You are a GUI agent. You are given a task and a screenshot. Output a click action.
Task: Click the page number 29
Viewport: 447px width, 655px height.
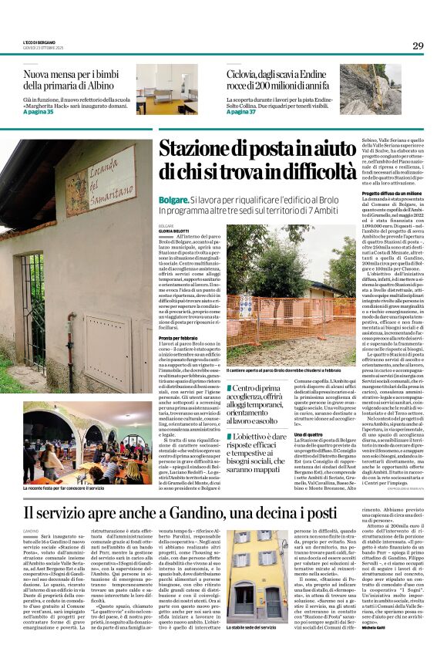417,46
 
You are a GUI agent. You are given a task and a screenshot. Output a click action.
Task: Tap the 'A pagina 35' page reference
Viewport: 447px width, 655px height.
39,111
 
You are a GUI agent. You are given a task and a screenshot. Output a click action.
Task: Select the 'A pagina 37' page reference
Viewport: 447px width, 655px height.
242,111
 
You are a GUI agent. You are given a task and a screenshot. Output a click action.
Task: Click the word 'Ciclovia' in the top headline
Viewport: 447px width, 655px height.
245,73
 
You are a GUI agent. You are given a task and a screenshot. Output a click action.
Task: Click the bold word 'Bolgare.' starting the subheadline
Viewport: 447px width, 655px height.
173,198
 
